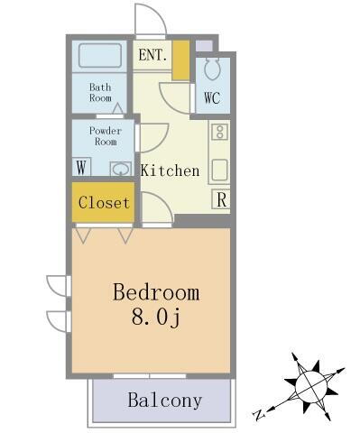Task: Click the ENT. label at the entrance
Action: [152, 55]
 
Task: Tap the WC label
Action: [211, 97]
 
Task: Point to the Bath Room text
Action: [99, 92]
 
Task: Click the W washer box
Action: [82, 167]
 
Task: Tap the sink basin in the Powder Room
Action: [119, 168]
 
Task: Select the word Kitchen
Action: [169, 170]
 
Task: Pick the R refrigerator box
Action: [220, 199]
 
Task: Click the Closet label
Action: [104, 203]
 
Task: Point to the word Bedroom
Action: [155, 292]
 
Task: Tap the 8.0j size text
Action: [155, 317]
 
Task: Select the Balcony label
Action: [163, 400]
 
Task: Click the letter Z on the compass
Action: [259, 415]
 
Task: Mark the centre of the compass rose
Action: [310, 385]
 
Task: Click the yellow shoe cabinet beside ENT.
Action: [180, 60]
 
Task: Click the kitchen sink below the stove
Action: [219, 169]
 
